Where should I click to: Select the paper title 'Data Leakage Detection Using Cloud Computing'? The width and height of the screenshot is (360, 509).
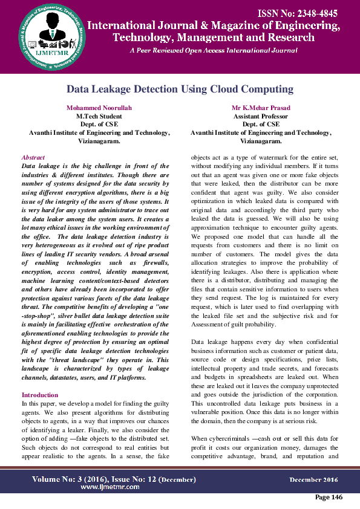click(180, 89)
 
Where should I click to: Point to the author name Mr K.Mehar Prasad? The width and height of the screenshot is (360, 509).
click(261, 108)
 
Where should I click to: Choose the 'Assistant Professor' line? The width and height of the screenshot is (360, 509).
click(261, 116)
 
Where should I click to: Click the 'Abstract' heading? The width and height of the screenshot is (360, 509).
click(33, 157)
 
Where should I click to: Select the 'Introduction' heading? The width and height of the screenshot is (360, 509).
click(40, 395)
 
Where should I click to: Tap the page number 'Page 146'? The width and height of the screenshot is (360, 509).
click(329, 497)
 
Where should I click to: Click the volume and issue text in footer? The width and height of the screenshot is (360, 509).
click(114, 479)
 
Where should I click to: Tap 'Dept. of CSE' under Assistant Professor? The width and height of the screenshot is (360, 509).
click(261, 124)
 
